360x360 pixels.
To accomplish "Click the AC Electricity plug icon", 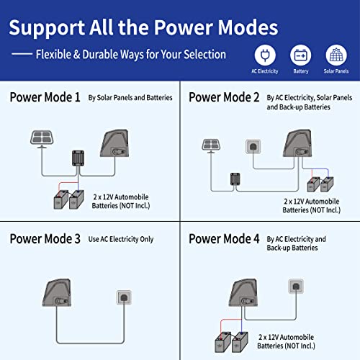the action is click(x=265, y=55).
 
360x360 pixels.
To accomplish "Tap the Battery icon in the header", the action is click(x=300, y=55).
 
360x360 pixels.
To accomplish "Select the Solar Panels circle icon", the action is click(x=336, y=55).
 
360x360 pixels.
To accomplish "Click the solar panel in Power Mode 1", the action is click(x=42, y=139).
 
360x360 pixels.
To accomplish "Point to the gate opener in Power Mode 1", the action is click(x=114, y=143).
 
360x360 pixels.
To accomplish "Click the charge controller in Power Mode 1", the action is click(x=78, y=158).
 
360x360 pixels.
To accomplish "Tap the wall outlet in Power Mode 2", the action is click(x=253, y=146).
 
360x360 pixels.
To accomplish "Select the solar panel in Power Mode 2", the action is click(x=211, y=145).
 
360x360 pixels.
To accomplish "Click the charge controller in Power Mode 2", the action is click(x=235, y=179).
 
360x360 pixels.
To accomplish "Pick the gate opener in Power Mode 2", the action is click(x=297, y=143).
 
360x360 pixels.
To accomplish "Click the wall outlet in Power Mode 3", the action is click(x=124, y=297).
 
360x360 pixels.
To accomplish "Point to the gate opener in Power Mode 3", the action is click(x=57, y=292).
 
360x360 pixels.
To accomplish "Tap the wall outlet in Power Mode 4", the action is click(x=296, y=286).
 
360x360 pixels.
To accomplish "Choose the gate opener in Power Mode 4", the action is click(x=243, y=292).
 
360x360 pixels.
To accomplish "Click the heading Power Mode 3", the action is click(x=45, y=239).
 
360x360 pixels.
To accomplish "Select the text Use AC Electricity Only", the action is click(x=121, y=239).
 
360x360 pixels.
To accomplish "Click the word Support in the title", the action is click(x=47, y=28).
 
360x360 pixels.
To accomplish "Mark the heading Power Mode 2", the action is click(x=224, y=97).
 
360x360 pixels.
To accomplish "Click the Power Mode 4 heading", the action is click(x=224, y=239).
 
